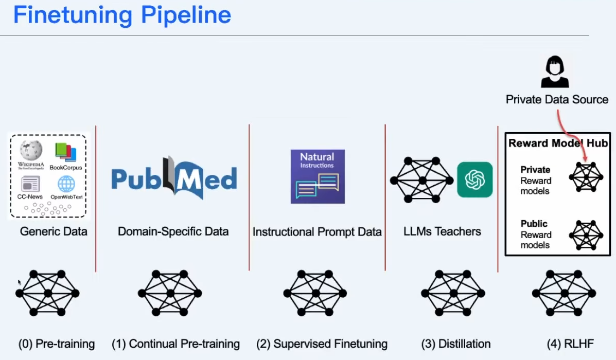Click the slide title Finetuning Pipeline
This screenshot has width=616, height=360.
pos(122,15)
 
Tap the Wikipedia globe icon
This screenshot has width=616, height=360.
pos(31,151)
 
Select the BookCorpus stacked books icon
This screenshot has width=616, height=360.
pos(65,153)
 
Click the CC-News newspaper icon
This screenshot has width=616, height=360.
pos(30,184)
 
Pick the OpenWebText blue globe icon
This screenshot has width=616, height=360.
pos(66,184)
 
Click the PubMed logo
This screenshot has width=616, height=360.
pos(174,178)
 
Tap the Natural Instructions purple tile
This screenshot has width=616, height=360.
pos(318,176)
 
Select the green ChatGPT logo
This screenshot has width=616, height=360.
pos(475,179)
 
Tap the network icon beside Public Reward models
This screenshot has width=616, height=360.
pos(586,235)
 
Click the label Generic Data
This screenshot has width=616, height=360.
pos(54,231)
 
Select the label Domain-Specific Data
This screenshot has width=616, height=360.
pos(173,231)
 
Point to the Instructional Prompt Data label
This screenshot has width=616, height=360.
pos(317,232)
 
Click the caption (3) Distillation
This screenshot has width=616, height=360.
pos(455,344)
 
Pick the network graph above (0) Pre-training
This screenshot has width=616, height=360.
pos(47,293)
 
